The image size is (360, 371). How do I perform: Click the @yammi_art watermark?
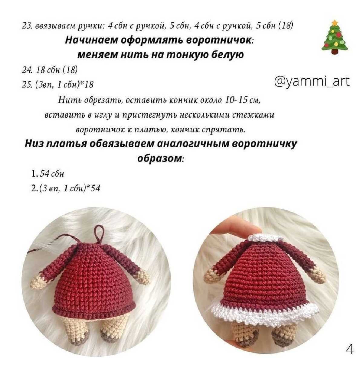tap(312, 82)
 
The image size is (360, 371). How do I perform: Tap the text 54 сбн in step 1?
tap(51, 174)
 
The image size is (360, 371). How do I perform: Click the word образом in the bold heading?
tap(161, 159)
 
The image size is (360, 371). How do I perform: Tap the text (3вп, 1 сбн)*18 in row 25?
tap(65, 84)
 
